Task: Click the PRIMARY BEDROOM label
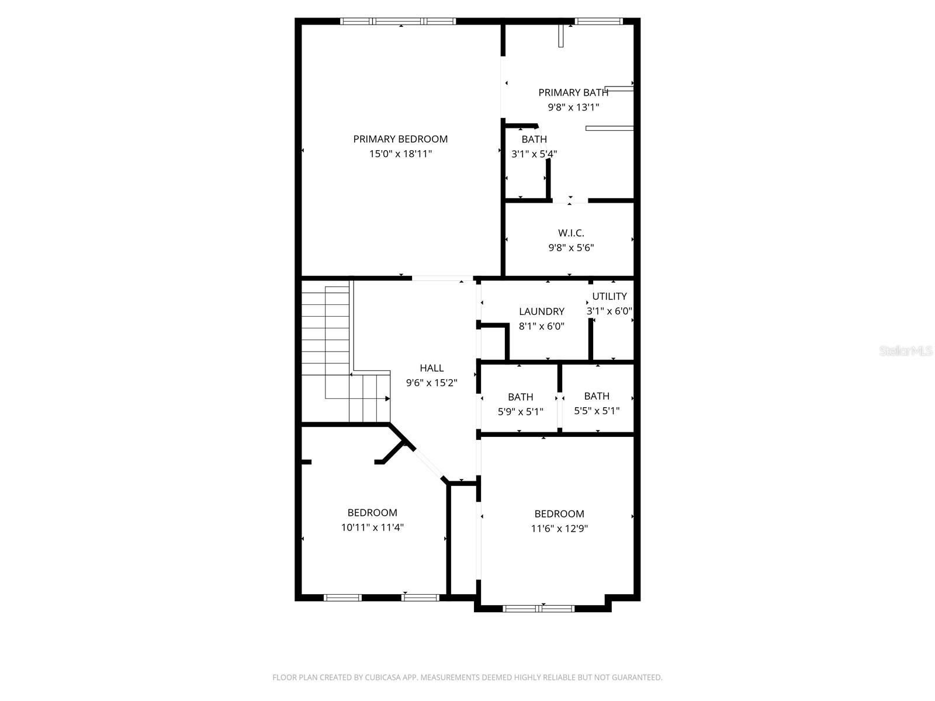400,139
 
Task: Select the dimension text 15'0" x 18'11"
400,154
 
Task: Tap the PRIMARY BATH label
573,92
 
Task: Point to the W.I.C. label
571,233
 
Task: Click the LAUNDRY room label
542,311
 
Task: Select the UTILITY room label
610,296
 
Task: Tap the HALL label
431,368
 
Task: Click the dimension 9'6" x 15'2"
431,383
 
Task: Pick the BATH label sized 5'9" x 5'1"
520,397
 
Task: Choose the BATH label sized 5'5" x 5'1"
597,396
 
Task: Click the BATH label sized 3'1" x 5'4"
534,139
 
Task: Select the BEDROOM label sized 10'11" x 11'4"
372,513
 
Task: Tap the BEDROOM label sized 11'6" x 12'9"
559,514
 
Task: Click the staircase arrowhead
387,398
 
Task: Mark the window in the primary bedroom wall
398,22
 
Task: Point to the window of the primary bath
598,22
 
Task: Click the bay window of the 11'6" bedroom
538,609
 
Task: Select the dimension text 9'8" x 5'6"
571,248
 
